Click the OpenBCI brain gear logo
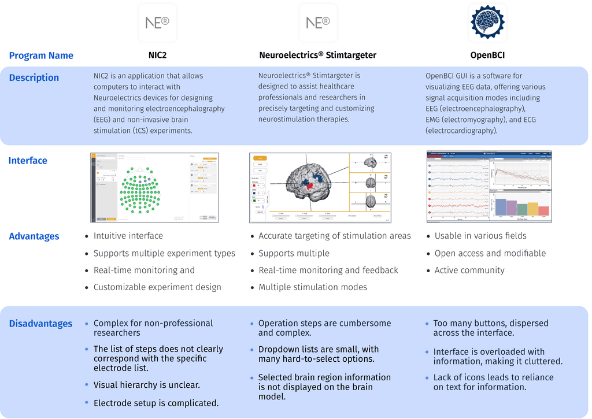point(487,23)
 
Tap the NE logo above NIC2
point(157,23)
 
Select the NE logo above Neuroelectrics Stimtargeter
point(318,23)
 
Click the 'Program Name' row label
point(41,55)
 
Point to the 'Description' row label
point(34,77)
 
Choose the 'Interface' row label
point(28,160)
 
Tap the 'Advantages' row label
point(34,236)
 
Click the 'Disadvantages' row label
point(40,324)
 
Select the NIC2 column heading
point(157,55)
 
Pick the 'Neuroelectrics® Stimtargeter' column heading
point(317,55)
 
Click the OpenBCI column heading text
point(488,55)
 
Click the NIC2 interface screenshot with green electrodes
point(154,188)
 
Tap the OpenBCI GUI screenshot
point(489,187)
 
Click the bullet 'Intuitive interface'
point(128,236)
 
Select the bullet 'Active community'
point(469,270)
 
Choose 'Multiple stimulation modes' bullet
point(313,287)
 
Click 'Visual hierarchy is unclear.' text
point(147,385)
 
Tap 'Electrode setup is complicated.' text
point(156,403)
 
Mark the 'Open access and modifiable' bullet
point(490,253)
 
